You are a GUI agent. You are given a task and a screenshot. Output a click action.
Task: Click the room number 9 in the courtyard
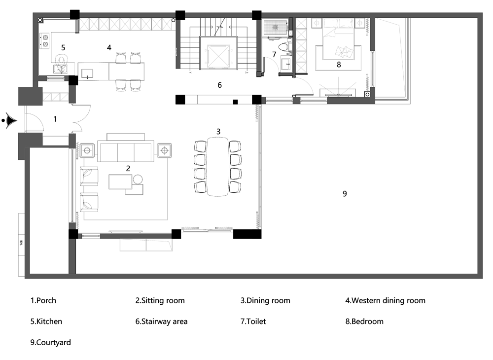pyautogui.click(x=345, y=194)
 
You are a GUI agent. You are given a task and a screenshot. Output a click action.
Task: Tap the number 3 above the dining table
pyautogui.click(x=218, y=131)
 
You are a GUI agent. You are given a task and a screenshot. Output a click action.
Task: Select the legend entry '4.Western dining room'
pyautogui.click(x=385, y=300)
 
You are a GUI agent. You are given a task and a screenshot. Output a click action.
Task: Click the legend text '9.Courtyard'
pyautogui.click(x=50, y=342)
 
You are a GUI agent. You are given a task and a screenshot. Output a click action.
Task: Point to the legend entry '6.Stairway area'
pyautogui.click(x=161, y=322)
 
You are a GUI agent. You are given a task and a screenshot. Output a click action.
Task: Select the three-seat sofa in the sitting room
pyautogui.click(x=126, y=151)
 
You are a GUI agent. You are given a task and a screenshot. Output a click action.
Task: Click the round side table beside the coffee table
pyautogui.click(x=138, y=179)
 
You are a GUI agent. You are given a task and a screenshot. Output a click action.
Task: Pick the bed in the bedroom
pyautogui.click(x=338, y=38)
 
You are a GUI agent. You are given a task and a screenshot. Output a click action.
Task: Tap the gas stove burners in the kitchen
pyautogui.click(x=45, y=41)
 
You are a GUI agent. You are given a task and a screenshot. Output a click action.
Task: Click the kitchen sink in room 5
pyautogui.click(x=60, y=69)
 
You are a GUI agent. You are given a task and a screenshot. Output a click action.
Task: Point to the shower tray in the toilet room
pyautogui.click(x=276, y=27)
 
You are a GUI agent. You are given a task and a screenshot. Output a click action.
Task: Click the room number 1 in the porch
pyautogui.click(x=55, y=119)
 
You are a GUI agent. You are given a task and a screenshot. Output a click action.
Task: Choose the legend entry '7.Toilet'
pyautogui.click(x=253, y=322)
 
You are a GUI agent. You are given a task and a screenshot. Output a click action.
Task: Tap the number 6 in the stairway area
pyautogui.click(x=219, y=85)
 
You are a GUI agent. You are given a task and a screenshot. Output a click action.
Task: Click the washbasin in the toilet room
pyautogui.click(x=286, y=64)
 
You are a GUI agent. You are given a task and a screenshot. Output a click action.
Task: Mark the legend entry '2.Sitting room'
pyautogui.click(x=160, y=300)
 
